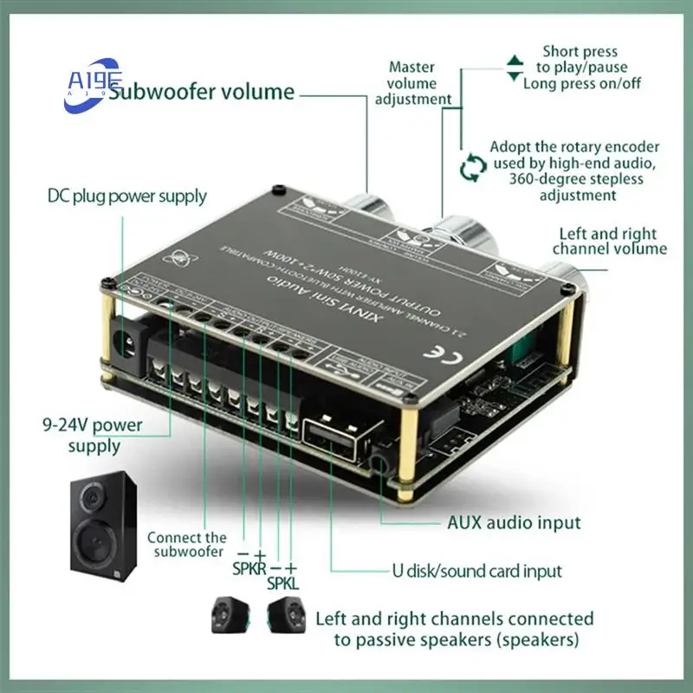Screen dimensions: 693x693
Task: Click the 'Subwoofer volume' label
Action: pos(201,93)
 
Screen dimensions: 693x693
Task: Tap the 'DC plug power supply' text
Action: pos(126,196)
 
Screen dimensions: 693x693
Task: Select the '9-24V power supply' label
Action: pos(105,436)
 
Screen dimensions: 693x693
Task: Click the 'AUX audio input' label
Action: pos(514,522)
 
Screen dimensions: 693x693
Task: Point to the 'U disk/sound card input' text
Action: pos(490,571)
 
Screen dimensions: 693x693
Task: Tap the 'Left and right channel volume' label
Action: pos(609,241)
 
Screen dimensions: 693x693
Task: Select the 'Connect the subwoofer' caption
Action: pos(186,545)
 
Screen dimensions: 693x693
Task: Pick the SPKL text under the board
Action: pos(282,583)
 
